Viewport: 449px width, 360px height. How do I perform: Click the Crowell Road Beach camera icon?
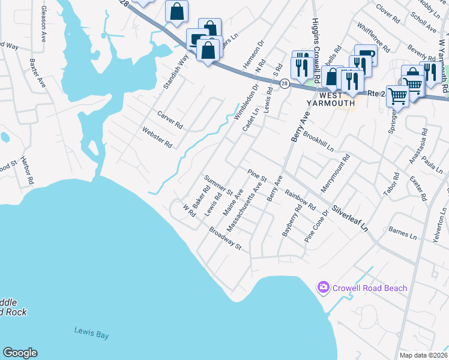click(324, 287)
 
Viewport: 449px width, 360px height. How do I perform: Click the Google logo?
click(20, 353)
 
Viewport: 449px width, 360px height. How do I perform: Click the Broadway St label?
click(225, 238)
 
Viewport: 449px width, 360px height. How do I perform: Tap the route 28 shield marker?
click(285, 83)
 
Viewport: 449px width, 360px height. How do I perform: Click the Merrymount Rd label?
click(335, 173)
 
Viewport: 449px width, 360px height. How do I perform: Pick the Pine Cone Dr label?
click(317, 226)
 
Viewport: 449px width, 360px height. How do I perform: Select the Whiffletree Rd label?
click(372, 37)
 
